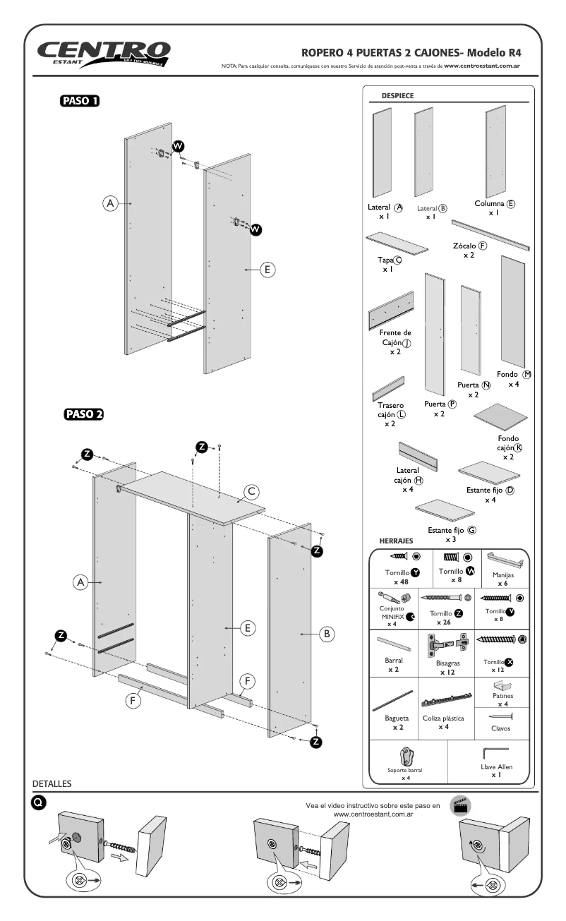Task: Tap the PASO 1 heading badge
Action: [x=79, y=100]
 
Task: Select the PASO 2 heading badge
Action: [x=83, y=414]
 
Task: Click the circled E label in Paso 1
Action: [x=267, y=270]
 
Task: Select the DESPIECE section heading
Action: [x=397, y=95]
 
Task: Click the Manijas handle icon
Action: [x=502, y=560]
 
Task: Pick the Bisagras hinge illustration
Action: [x=447, y=646]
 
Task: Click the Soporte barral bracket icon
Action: [x=405, y=757]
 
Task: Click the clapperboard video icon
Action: [x=462, y=806]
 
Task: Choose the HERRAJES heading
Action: [x=397, y=541]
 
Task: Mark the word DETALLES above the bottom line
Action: [x=52, y=783]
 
